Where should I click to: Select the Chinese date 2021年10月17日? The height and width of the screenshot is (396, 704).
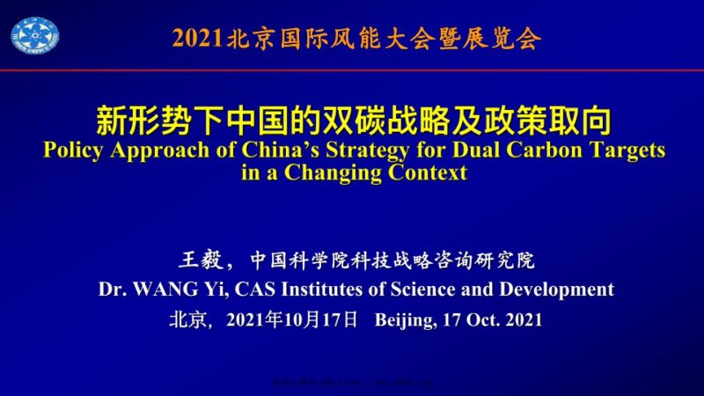coord(291,319)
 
